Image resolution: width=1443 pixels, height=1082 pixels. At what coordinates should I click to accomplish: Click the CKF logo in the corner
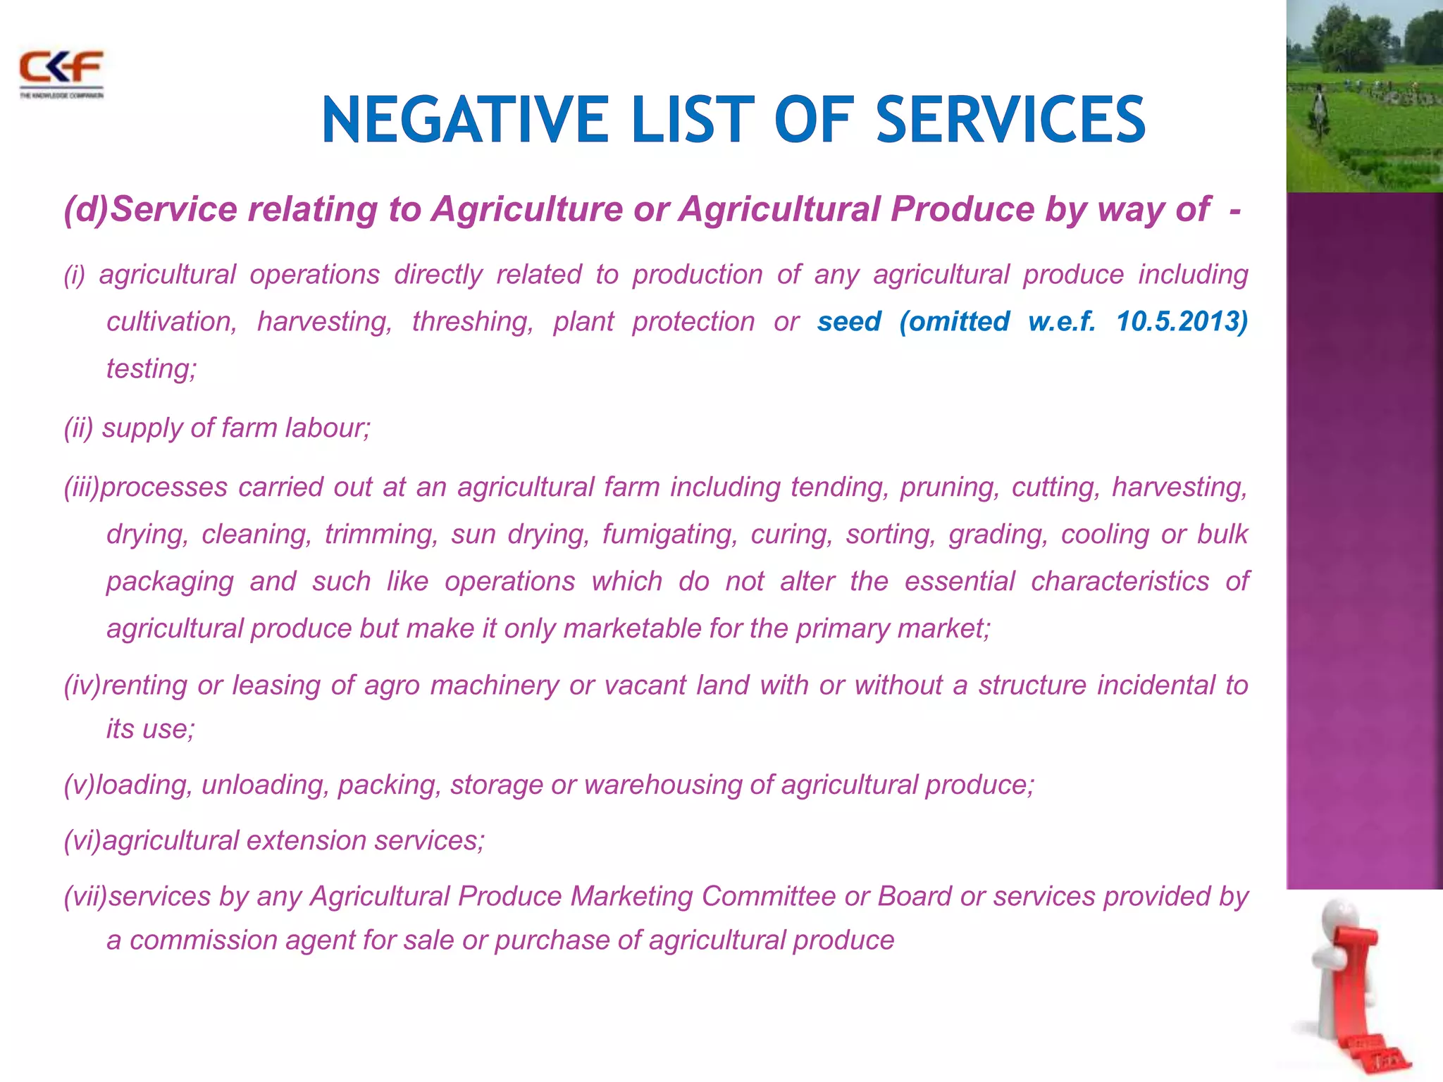point(61,73)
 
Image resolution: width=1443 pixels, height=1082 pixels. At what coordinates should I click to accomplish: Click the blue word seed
point(849,321)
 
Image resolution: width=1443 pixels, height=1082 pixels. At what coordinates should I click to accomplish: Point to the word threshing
point(473,322)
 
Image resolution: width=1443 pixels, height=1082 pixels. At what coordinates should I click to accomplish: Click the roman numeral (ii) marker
point(78,428)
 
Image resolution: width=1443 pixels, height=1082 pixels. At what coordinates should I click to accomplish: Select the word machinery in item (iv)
point(495,685)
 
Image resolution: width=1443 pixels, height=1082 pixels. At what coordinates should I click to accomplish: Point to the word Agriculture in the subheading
point(527,209)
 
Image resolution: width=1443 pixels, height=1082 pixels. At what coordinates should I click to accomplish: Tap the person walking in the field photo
point(1318,113)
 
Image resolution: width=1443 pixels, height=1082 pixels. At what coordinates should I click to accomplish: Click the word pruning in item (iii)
point(949,487)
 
